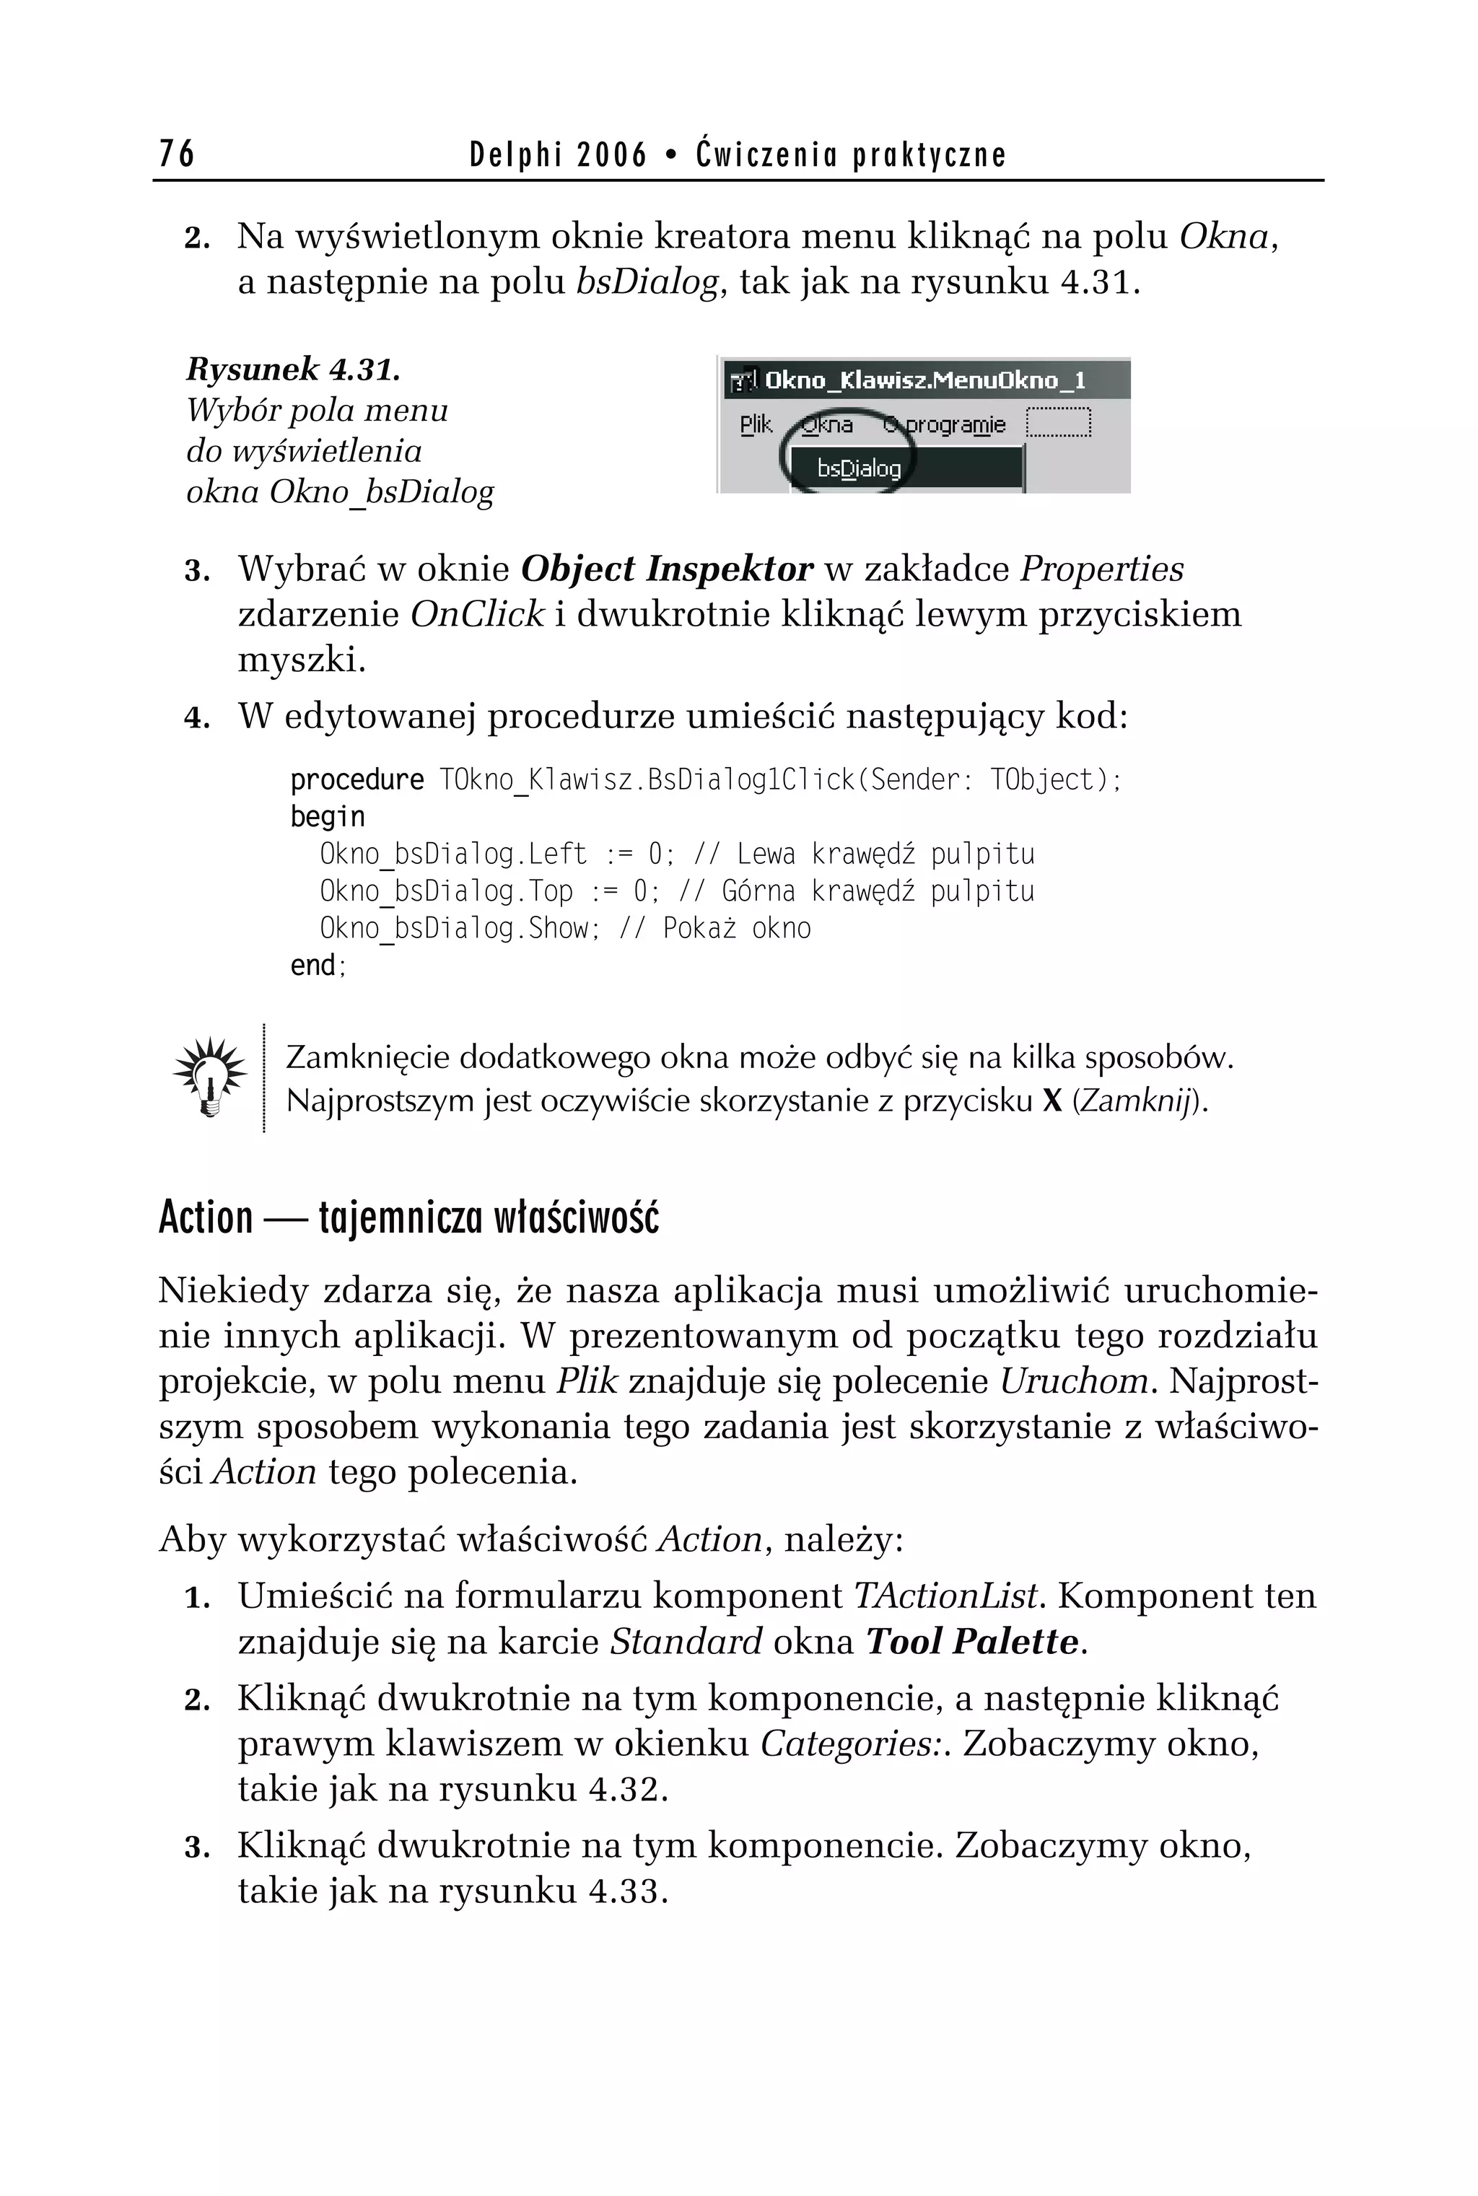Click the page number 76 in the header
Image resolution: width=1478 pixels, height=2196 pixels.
tap(176, 153)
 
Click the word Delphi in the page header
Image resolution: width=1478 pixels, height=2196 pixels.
tap(515, 154)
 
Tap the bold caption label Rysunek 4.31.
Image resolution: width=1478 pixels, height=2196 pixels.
tap(293, 369)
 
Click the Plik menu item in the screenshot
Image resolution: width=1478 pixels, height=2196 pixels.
tap(755, 425)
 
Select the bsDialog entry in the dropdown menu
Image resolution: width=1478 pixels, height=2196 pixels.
tap(859, 468)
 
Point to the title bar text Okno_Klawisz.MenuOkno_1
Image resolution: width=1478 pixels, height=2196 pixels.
tap(924, 381)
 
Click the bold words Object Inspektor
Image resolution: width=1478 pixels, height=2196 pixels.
tap(665, 569)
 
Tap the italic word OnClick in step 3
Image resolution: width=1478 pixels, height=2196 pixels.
tap(477, 615)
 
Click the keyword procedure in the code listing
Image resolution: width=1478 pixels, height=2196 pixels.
tap(357, 780)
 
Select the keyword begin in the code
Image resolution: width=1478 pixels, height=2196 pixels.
tap(327, 817)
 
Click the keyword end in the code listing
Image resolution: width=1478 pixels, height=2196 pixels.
tap(312, 965)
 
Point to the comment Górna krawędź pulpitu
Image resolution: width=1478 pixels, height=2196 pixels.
tap(878, 891)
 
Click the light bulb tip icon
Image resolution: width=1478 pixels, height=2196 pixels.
tap(210, 1076)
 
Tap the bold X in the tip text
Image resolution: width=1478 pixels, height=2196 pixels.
tap(1052, 1101)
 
